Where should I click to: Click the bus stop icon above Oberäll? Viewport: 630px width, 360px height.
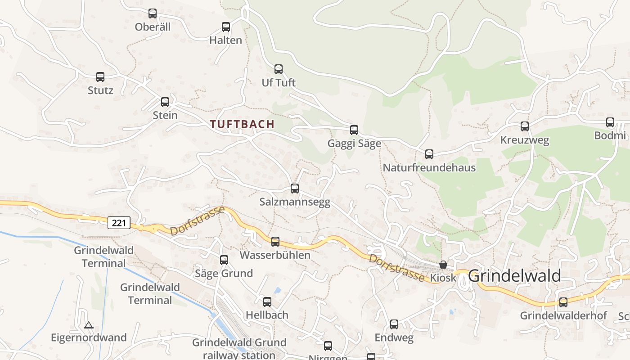[153, 13]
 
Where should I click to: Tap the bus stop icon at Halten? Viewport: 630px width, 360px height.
[226, 27]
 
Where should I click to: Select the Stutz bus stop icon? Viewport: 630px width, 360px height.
[100, 77]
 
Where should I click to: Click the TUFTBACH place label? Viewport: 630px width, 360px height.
[242, 124]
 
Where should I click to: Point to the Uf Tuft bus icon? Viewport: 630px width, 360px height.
[279, 69]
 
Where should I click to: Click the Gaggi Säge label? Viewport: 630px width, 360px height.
[354, 144]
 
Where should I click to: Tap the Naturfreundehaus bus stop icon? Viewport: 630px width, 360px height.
[429, 154]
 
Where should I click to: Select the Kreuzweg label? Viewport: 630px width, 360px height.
[524, 140]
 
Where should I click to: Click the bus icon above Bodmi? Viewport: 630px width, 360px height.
[610, 122]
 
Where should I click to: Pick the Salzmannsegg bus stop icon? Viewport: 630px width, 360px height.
[295, 189]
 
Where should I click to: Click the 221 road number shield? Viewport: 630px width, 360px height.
[119, 222]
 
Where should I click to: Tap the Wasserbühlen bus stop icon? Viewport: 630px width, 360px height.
[275, 242]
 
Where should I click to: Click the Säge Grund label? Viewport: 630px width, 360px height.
[224, 273]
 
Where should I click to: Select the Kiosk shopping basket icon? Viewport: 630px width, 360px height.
[443, 265]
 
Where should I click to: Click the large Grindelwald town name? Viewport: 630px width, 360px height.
[514, 275]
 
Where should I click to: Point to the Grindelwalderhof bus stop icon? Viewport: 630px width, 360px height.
[563, 302]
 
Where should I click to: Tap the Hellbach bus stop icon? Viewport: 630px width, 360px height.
[267, 302]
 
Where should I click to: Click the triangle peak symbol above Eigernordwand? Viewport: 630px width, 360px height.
[89, 325]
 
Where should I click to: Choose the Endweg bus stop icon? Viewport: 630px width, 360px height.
[394, 324]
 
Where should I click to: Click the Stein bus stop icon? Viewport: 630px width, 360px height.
[165, 102]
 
